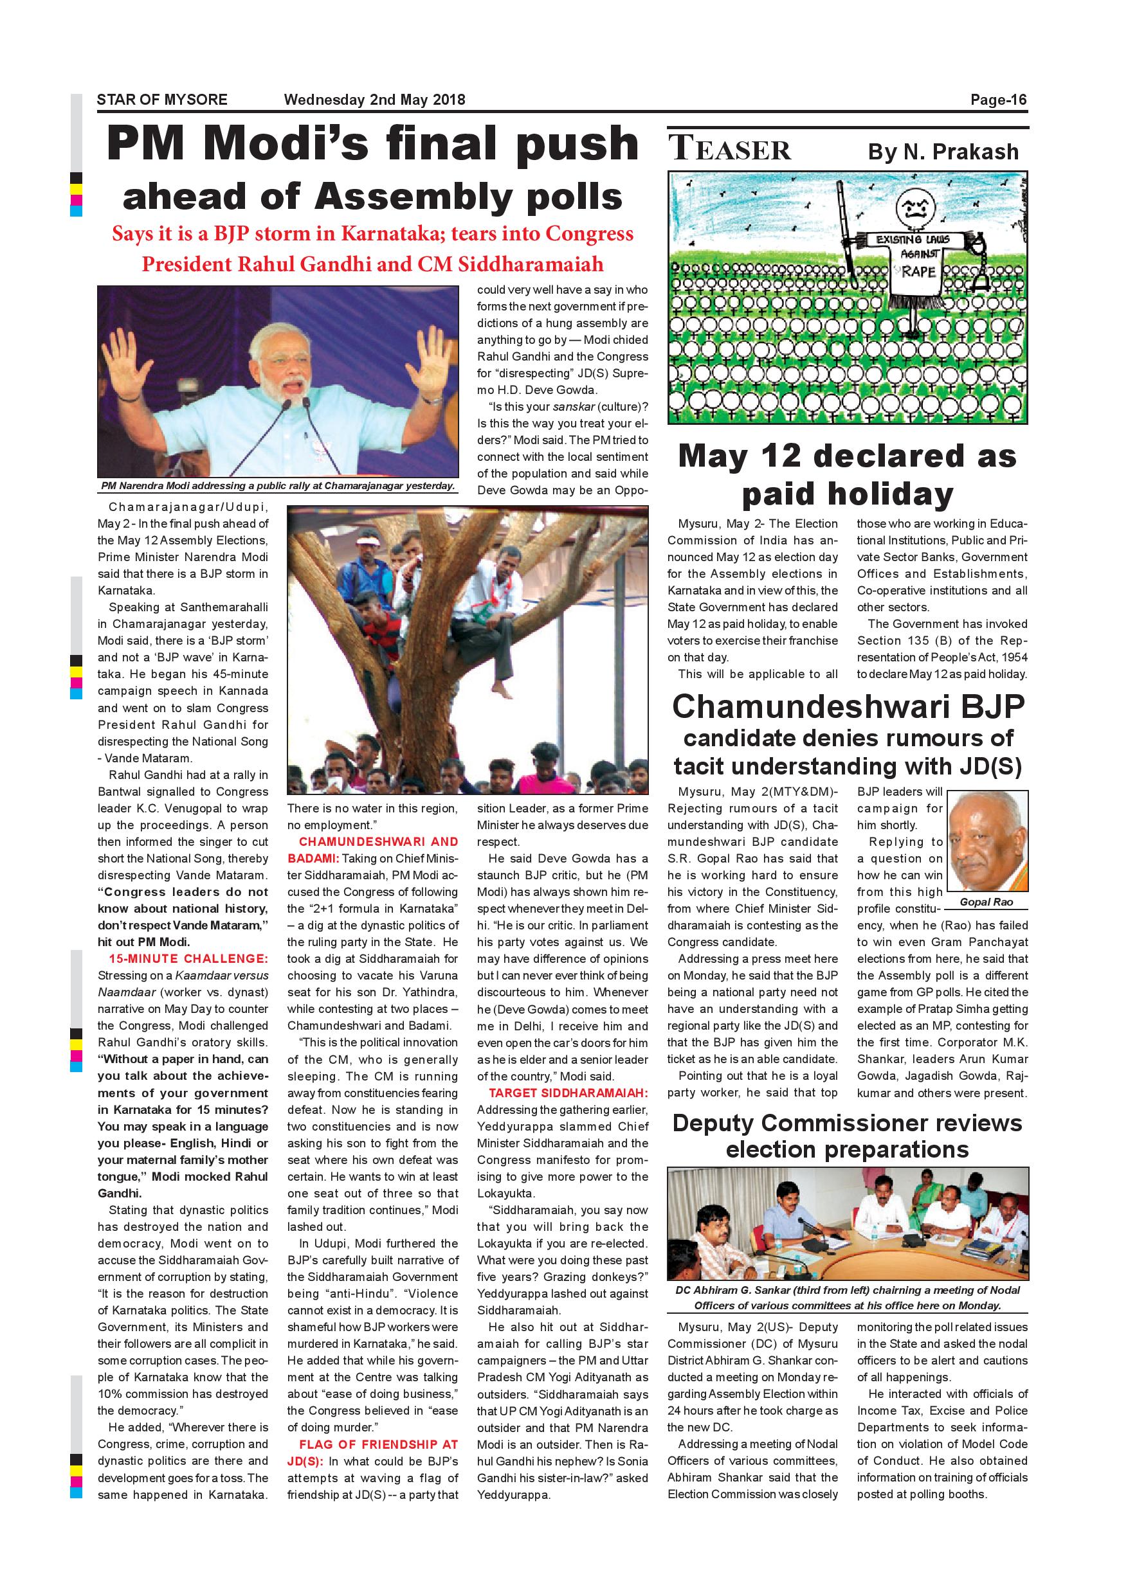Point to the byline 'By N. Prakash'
(x=943, y=151)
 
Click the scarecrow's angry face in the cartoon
(x=913, y=208)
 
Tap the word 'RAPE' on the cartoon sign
(x=918, y=271)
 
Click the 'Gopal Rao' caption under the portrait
(x=987, y=902)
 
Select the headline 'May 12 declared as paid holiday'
(x=847, y=475)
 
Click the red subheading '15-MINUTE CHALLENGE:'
(x=188, y=959)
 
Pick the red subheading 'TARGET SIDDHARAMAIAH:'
(x=568, y=1093)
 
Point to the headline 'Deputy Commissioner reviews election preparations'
(x=847, y=1136)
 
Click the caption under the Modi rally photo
(x=278, y=486)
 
